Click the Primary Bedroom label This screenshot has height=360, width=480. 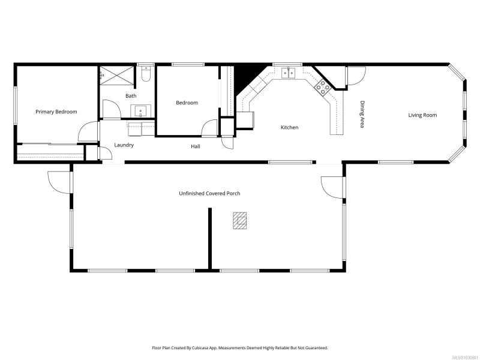tap(56, 112)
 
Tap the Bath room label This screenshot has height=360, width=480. tap(131, 96)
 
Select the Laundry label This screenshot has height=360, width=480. tap(124, 145)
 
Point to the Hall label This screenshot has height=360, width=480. tap(196, 146)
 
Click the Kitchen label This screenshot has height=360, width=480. tap(290, 127)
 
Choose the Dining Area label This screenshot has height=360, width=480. tap(362, 114)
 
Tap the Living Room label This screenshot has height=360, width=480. tap(422, 115)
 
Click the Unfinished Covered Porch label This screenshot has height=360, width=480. tap(209, 193)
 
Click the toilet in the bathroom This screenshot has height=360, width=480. tap(146, 74)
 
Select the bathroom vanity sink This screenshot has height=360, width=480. tap(141, 111)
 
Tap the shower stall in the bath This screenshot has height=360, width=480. tap(117, 76)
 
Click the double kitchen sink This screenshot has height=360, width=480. tap(289, 73)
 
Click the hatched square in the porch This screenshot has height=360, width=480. tap(239, 221)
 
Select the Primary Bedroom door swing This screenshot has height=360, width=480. tap(88, 131)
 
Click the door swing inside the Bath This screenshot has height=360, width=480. tap(112, 109)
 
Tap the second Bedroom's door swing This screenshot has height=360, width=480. tap(209, 127)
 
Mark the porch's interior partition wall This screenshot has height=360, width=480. tap(210, 239)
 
